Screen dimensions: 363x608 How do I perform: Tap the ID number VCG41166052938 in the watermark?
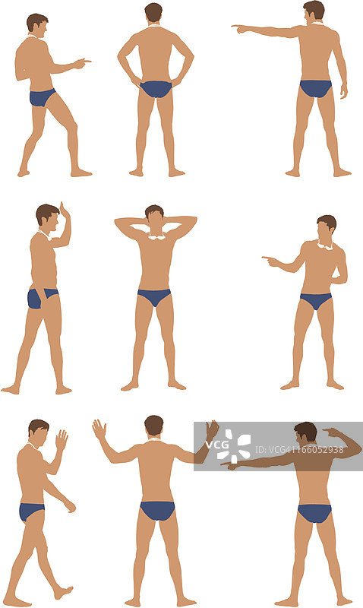299,449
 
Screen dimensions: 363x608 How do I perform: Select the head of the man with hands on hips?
153,13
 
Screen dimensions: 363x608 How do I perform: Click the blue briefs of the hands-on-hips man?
156,89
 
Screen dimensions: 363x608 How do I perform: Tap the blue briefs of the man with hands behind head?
154,296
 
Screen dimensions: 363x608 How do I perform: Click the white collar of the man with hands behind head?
156,236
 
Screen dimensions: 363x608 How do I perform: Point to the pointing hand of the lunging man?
82,63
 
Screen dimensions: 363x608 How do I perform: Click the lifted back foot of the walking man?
63,592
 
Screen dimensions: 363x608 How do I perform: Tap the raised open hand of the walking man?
62,440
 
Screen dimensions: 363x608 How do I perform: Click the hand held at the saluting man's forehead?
64,211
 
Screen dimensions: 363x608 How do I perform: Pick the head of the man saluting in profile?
47,217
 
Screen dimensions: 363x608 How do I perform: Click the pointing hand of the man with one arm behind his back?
270,261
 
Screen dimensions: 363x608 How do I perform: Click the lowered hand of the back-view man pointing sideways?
343,90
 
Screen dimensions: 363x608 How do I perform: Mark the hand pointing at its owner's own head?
332,432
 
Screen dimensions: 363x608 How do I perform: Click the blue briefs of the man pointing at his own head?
314,513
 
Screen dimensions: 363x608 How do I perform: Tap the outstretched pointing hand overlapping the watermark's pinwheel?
229,464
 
